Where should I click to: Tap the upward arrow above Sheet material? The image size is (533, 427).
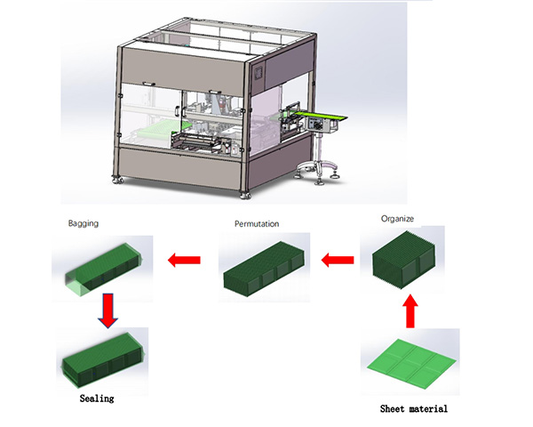[x=410, y=313]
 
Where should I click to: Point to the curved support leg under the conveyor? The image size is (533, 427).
[x=328, y=165]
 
